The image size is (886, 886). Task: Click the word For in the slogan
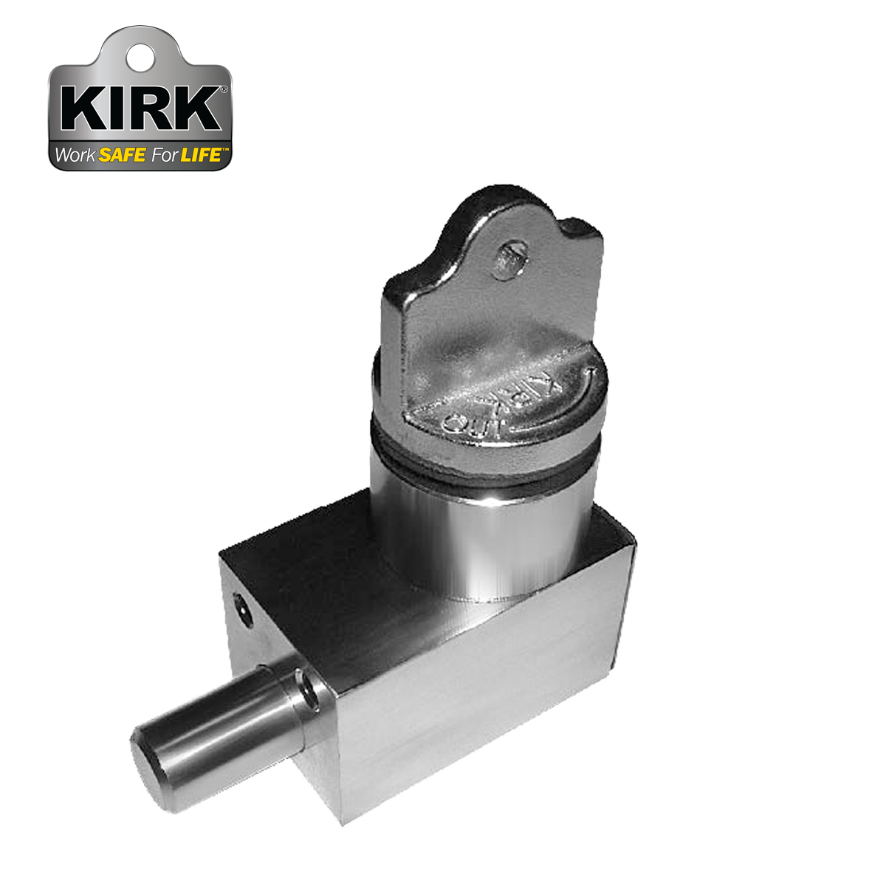(x=162, y=156)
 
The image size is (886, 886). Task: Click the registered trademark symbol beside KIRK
(x=223, y=90)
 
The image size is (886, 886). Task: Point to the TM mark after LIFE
(x=226, y=151)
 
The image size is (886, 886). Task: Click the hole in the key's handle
(x=509, y=259)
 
